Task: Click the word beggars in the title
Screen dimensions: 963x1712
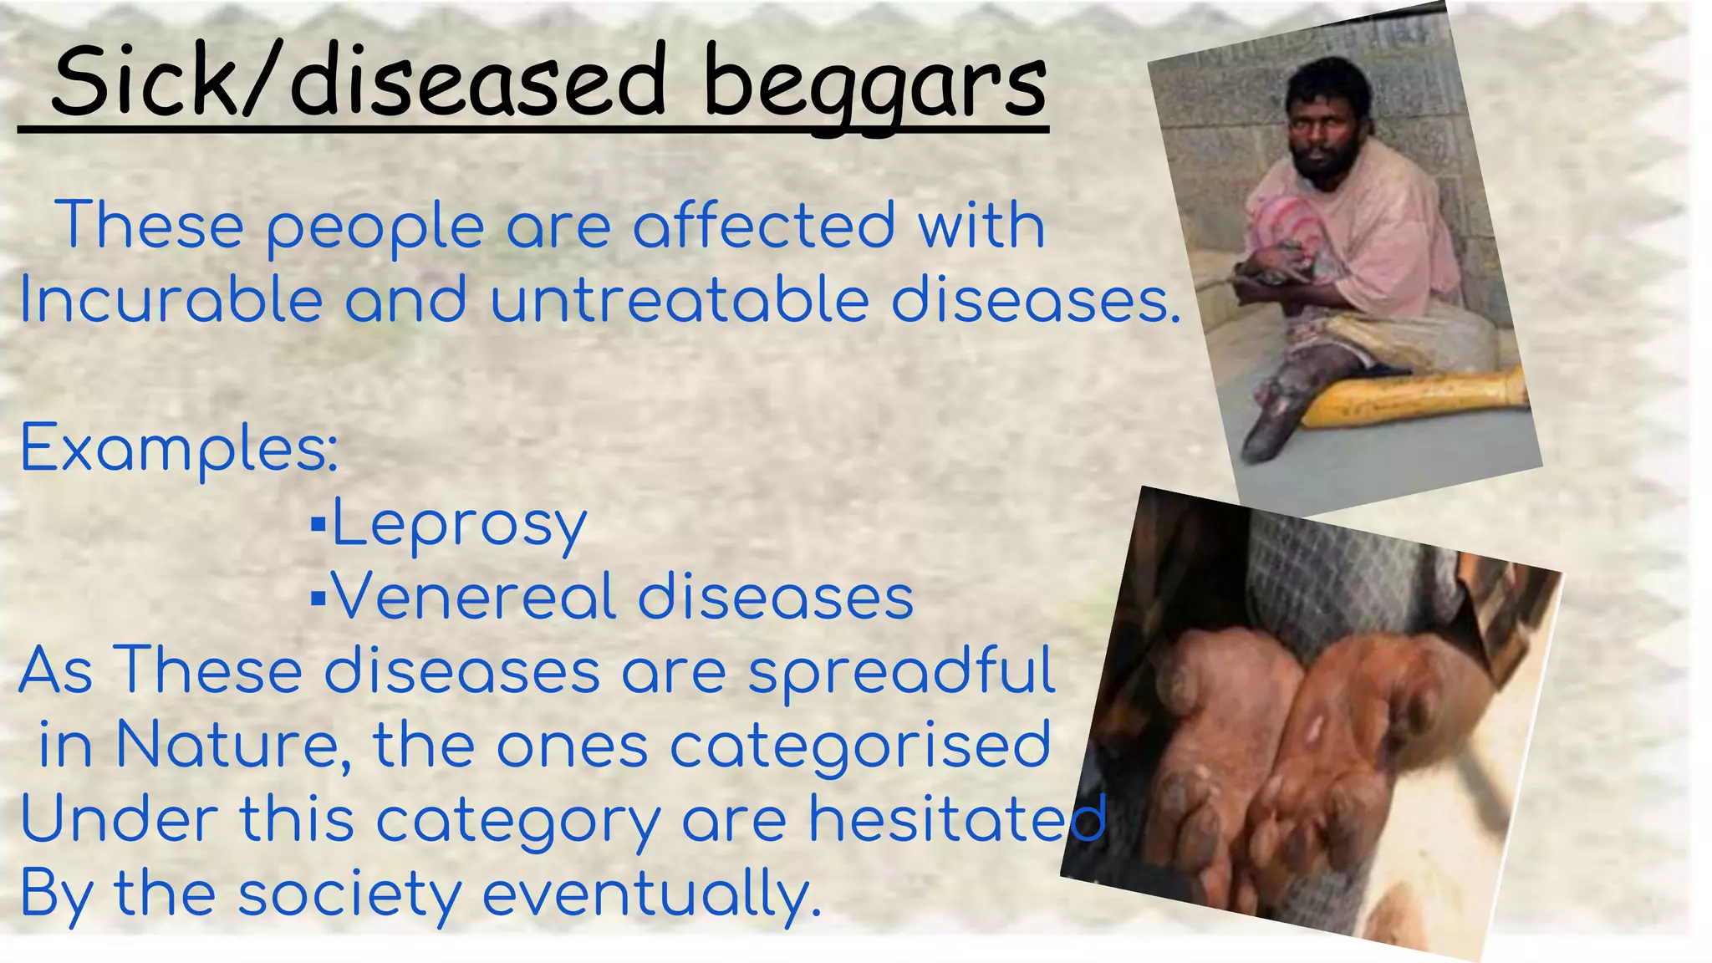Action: [874, 84]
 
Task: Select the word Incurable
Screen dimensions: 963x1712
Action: [171, 300]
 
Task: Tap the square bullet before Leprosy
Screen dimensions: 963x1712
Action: [318, 526]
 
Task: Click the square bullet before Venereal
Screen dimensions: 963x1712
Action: [318, 599]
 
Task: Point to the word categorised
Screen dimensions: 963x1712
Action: [860, 746]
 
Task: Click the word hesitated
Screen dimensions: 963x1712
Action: [957, 818]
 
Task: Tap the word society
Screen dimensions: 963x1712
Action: [349, 894]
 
